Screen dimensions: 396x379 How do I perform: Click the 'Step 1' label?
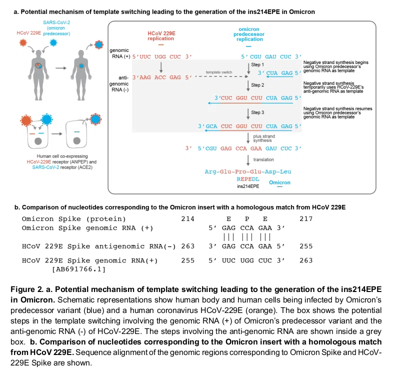point(257,64)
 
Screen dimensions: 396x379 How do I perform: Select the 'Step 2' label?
point(257,85)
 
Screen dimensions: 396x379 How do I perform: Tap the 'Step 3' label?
point(257,112)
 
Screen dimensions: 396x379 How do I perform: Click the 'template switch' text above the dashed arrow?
point(218,72)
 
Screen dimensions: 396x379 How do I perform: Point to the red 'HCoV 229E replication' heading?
point(161,36)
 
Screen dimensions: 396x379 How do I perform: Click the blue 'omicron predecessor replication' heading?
point(249,34)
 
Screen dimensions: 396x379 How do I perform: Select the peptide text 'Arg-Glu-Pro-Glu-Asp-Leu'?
point(248,171)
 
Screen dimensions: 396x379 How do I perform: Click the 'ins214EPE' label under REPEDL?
point(248,186)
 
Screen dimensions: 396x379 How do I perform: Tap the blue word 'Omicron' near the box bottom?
point(279,182)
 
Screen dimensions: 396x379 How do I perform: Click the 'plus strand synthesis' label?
point(264,138)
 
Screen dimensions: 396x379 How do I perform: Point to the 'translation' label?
point(263,159)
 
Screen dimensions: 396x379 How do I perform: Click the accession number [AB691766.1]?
point(78,269)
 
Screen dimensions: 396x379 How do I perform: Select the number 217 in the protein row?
point(306,218)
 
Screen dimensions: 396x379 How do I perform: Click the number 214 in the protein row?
point(187,218)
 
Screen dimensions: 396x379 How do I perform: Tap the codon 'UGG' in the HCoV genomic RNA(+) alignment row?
point(246,260)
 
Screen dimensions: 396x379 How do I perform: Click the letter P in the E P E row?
point(247,218)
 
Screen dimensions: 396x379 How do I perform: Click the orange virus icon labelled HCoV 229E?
point(23,42)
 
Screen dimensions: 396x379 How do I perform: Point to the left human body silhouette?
point(38,75)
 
